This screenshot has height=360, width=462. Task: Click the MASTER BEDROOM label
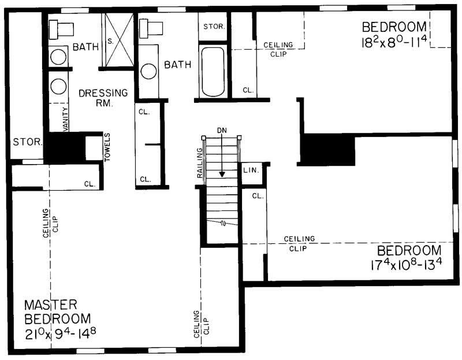(57, 311)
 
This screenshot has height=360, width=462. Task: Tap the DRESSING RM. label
(103, 97)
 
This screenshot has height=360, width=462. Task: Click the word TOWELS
(107, 147)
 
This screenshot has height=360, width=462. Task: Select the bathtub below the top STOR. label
(213, 72)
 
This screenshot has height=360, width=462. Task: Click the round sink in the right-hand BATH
(149, 71)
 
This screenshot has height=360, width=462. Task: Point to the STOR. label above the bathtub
(213, 27)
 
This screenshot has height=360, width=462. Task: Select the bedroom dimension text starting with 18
(394, 42)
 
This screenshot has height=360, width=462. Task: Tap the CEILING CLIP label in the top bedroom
(278, 50)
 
